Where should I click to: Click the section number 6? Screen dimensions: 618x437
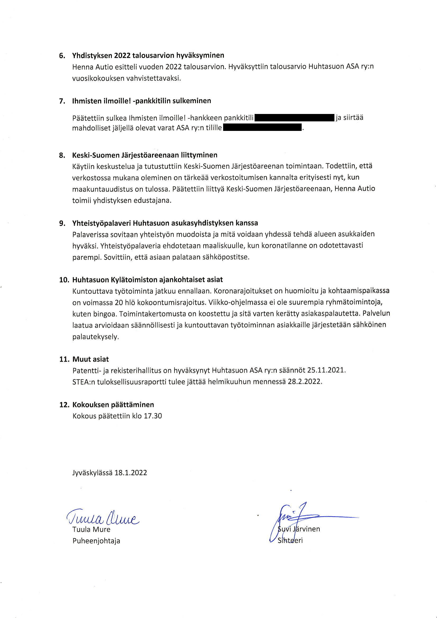click(x=62, y=56)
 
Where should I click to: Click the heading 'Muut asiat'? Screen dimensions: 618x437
click(x=90, y=359)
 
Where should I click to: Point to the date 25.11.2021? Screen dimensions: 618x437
click(x=326, y=370)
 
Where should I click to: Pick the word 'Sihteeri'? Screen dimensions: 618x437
click(x=290, y=540)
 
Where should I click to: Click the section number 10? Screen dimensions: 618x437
click(x=64, y=280)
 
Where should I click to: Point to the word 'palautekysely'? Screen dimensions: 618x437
click(x=95, y=337)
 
